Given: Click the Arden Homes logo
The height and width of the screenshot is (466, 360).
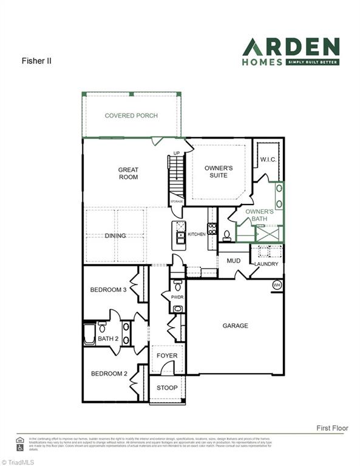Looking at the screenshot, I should click(x=291, y=52).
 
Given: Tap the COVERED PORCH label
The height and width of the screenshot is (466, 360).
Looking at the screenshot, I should click(x=131, y=115).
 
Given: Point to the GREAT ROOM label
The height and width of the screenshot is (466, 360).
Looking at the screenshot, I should click(x=128, y=174).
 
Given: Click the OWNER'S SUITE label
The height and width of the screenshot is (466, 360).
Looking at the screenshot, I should click(x=215, y=171).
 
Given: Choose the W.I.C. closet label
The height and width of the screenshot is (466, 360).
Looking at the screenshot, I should click(x=268, y=160).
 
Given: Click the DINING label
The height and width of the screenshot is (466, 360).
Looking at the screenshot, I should click(x=115, y=235).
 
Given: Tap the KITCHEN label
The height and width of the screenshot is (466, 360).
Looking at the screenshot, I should click(x=197, y=234).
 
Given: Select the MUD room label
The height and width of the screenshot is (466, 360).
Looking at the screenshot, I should click(x=234, y=261).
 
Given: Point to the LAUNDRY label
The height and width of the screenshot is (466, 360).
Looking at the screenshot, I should click(x=267, y=264).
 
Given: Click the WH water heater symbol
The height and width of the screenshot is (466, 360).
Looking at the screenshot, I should click(x=277, y=285).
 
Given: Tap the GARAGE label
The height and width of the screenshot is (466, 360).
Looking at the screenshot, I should click(x=235, y=326).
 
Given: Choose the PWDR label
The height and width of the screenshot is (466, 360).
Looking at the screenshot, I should click(x=177, y=297).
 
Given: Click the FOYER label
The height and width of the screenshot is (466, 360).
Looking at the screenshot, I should click(x=167, y=356).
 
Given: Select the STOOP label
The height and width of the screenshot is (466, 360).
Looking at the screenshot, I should click(x=167, y=388).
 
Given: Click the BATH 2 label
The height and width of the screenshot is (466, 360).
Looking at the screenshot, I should click(x=107, y=338).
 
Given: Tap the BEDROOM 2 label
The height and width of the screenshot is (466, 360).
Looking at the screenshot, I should click(x=109, y=374).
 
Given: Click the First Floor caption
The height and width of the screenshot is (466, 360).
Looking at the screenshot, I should click(x=332, y=428).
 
